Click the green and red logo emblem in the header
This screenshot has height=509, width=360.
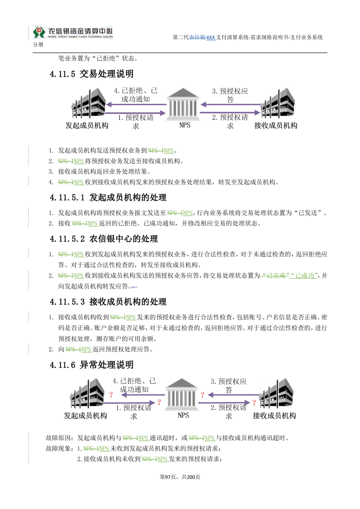(39, 32)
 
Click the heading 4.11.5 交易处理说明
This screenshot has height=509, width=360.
(92, 74)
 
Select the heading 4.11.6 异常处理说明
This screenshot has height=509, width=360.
(92, 365)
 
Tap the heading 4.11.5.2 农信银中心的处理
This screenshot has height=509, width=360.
(104, 239)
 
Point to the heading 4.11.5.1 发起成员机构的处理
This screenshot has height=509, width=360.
(108, 197)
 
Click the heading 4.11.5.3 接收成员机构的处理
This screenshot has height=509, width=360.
(108, 302)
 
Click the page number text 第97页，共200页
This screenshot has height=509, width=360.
(180, 477)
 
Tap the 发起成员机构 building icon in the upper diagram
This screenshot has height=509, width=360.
(89, 103)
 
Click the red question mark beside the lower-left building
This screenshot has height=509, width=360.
(111, 395)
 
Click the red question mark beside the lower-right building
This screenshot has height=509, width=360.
(254, 403)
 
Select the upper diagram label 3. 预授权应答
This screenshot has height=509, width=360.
(230, 95)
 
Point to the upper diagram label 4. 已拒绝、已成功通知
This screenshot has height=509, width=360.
(136, 95)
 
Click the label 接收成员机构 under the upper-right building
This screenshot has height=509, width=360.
(276, 126)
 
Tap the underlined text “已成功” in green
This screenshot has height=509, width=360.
(303, 276)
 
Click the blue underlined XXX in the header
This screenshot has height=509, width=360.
(211, 37)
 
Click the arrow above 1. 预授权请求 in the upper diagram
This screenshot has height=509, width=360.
(136, 113)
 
